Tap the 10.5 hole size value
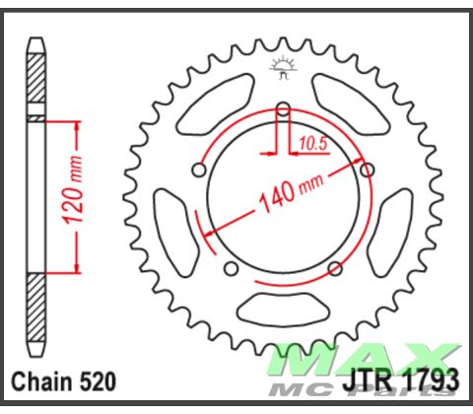[310, 143]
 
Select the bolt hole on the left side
[200, 171]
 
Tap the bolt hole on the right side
[368, 171]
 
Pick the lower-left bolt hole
[232, 268]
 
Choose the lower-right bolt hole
[334, 268]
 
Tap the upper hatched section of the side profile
[36, 79]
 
